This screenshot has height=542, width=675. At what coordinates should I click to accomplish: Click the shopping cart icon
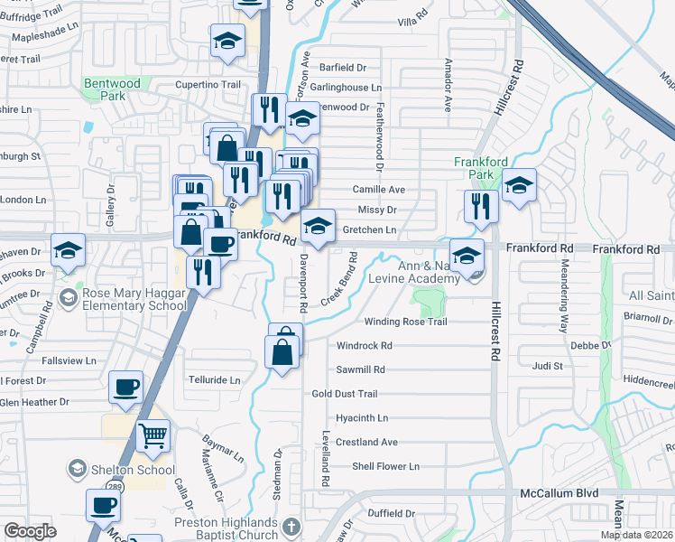click(153, 437)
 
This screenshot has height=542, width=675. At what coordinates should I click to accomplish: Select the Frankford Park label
click(480, 167)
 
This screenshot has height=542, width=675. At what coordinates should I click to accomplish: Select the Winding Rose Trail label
click(405, 322)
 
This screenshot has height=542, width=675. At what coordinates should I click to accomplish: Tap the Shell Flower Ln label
click(386, 466)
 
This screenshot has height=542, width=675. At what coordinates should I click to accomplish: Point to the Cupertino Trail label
click(208, 84)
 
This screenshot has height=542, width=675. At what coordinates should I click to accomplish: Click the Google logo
click(30, 531)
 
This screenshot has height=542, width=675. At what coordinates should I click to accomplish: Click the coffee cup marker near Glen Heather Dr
click(125, 388)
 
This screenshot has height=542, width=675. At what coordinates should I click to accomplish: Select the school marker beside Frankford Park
click(519, 186)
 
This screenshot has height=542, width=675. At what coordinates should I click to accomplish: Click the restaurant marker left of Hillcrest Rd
click(481, 206)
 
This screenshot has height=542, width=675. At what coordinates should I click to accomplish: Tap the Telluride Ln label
click(214, 380)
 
